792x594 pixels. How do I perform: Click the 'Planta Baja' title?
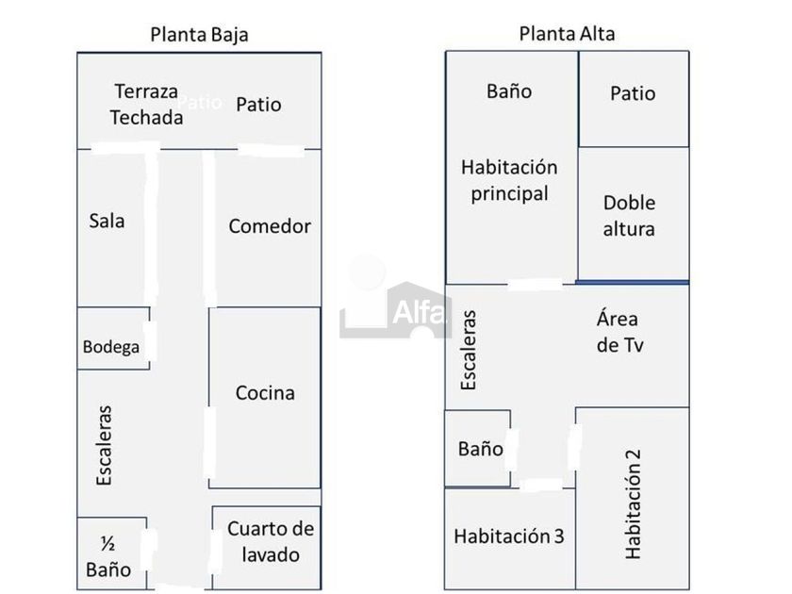click(x=200, y=35)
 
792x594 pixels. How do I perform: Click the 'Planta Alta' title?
click(x=567, y=34)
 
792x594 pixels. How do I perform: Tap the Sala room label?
click(x=107, y=221)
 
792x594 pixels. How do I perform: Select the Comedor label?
click(x=270, y=225)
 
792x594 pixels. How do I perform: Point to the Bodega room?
click(x=113, y=338)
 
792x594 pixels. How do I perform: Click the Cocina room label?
click(x=265, y=392)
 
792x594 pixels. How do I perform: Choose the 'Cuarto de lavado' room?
click(x=266, y=548)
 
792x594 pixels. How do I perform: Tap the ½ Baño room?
click(x=111, y=553)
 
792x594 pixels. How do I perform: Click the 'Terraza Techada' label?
click(x=146, y=105)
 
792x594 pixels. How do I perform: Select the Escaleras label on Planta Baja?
click(x=104, y=445)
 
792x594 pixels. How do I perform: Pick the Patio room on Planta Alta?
click(x=634, y=99)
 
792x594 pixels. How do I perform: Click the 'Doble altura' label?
click(x=629, y=216)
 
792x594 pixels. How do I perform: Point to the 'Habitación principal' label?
click(x=509, y=180)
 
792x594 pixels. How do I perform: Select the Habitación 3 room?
click(x=510, y=538)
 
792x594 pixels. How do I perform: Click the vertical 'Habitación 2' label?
click(x=633, y=504)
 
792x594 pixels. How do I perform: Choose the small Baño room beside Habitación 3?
click(x=477, y=449)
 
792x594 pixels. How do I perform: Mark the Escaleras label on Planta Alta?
click(x=469, y=350)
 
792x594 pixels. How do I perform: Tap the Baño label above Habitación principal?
click(x=509, y=91)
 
